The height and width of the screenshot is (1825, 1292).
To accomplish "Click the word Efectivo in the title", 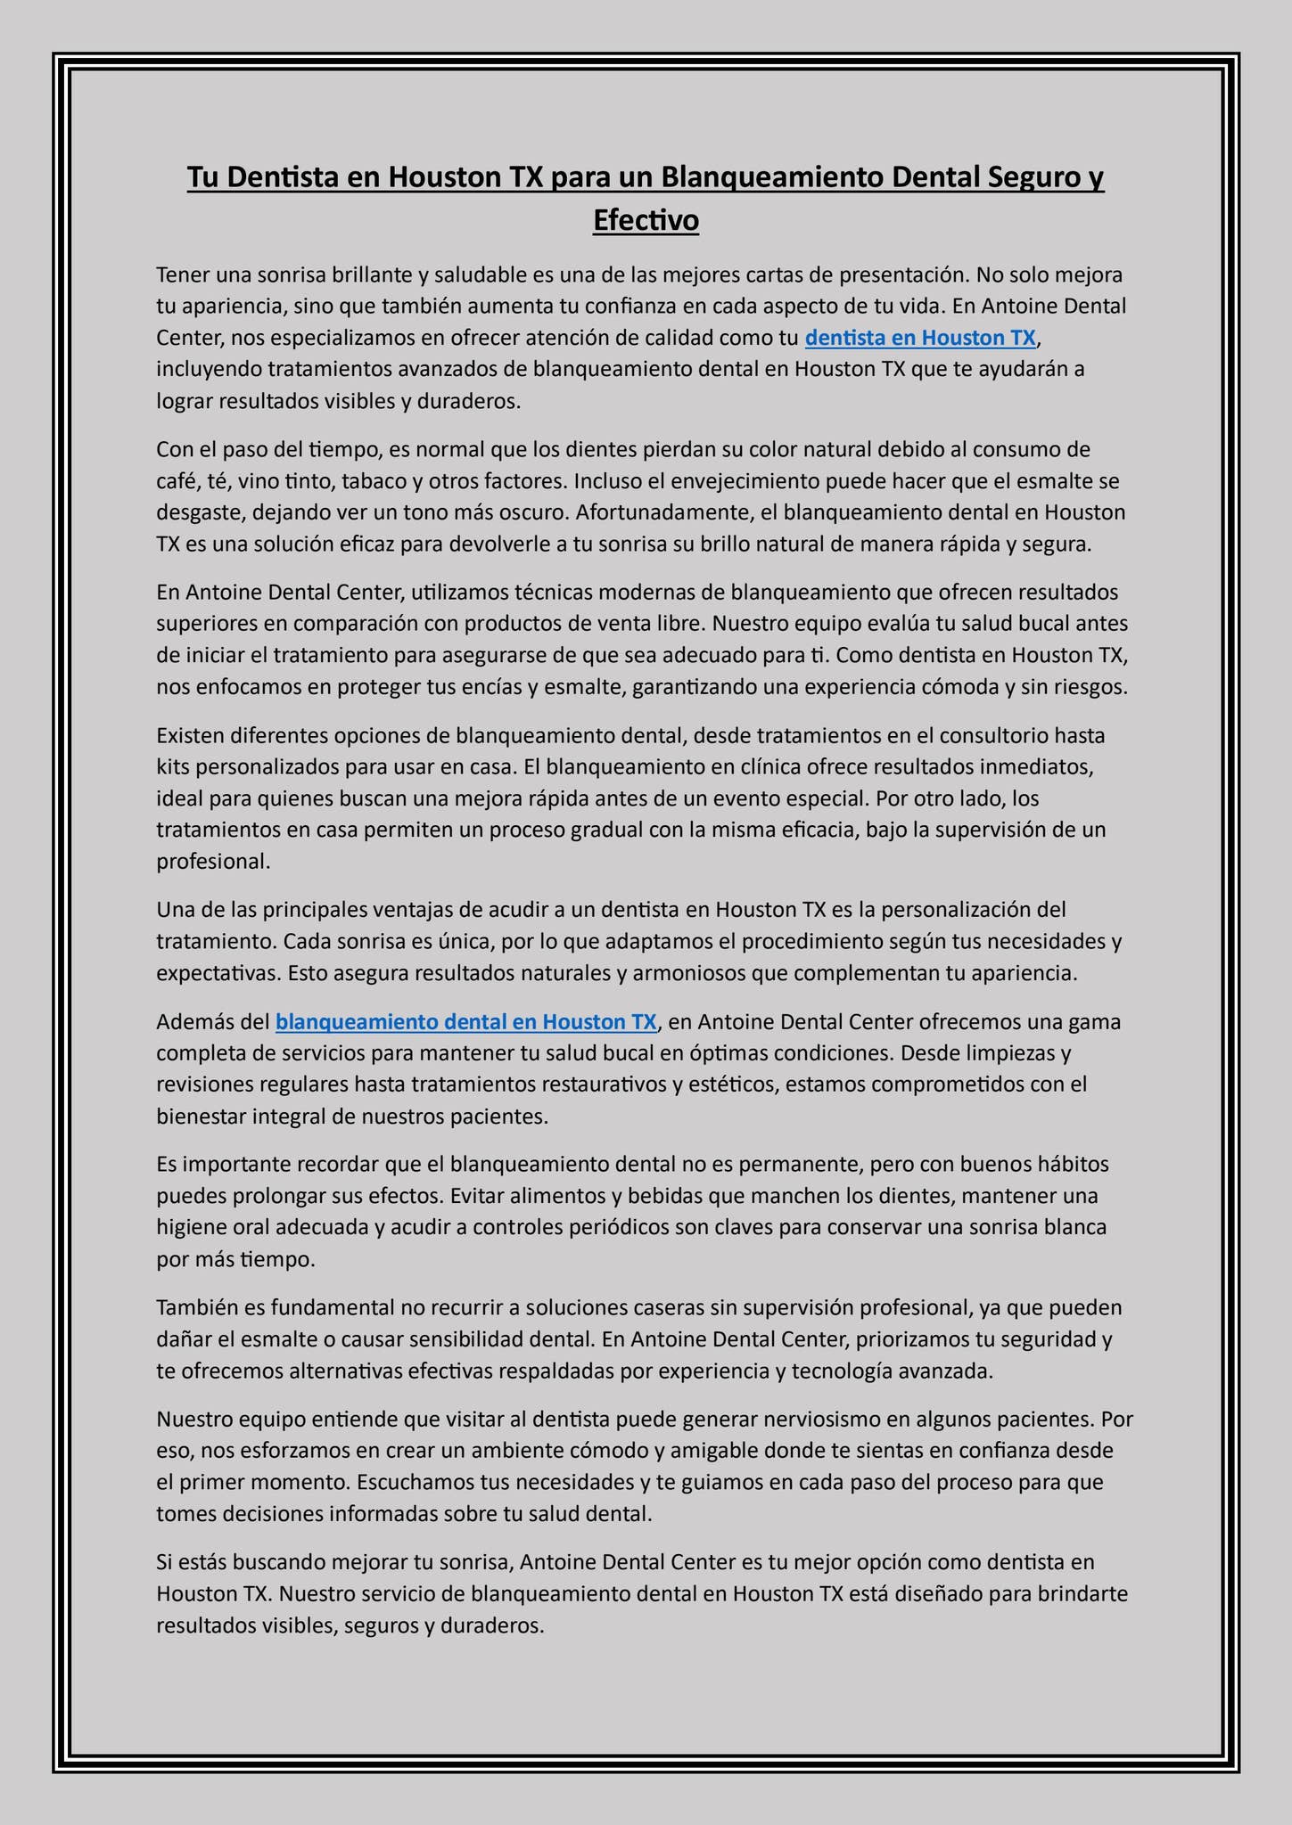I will click(x=646, y=220).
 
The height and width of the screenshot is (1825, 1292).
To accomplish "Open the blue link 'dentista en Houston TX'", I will click(x=920, y=338).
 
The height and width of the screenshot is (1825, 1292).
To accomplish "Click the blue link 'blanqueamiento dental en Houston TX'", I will click(x=466, y=1021).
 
